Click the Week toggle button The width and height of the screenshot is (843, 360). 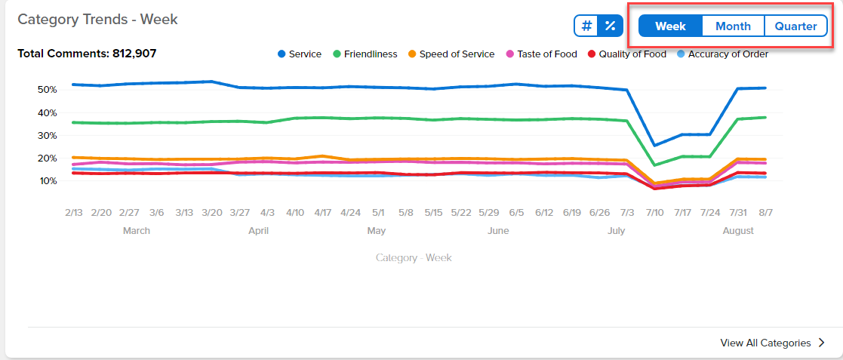click(670, 26)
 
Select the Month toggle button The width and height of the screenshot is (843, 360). click(734, 26)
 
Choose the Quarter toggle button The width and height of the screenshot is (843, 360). click(795, 26)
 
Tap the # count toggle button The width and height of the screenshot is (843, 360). click(587, 26)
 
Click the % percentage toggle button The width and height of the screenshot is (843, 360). click(611, 26)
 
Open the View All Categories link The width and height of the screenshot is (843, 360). click(772, 343)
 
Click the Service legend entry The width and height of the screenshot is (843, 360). click(300, 54)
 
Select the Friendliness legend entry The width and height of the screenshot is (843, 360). click(365, 54)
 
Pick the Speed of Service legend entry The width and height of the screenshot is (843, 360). click(451, 54)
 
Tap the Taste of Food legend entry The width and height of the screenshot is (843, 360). click(541, 54)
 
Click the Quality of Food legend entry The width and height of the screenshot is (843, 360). click(627, 54)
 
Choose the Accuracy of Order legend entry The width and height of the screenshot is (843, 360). click(722, 54)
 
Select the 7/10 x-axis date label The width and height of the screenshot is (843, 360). click(655, 212)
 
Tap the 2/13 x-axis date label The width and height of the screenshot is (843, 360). click(74, 212)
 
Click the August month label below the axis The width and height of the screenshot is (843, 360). click(738, 231)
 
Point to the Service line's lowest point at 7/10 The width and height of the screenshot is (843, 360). click(655, 146)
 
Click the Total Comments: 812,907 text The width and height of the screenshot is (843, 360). click(87, 54)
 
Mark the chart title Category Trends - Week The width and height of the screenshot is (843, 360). click(98, 20)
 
